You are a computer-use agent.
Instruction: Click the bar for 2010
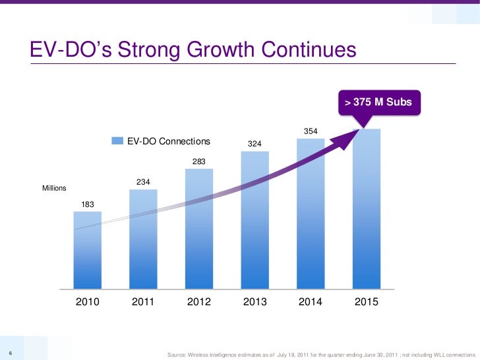[x=87, y=251]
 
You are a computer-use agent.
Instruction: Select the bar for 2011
[x=143, y=240]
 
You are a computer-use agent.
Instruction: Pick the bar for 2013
[x=255, y=220]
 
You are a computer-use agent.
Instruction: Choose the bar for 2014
[x=311, y=214]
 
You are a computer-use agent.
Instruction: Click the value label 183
[x=87, y=204]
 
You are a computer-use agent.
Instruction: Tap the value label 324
[x=255, y=143]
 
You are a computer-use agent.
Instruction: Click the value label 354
[x=311, y=132]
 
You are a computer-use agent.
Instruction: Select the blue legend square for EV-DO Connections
[x=117, y=140]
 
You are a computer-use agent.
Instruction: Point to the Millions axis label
[x=54, y=189]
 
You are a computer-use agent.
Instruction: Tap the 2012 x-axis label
[x=199, y=302]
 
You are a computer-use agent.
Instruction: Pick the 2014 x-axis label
[x=311, y=302]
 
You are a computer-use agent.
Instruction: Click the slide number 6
[x=5, y=351]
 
